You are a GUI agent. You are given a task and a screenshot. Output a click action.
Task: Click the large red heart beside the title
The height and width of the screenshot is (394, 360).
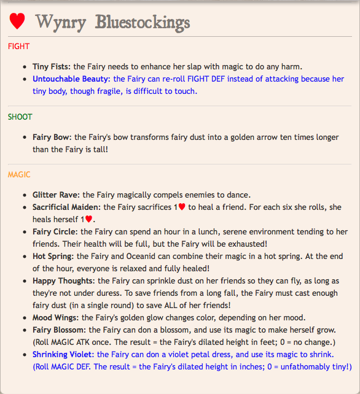17,21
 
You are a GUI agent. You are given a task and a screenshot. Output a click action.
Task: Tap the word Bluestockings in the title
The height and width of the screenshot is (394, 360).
143,22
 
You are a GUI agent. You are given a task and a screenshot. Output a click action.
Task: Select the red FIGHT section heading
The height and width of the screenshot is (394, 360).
18,46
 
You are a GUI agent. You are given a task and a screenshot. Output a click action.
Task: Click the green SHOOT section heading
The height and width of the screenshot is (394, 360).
20,117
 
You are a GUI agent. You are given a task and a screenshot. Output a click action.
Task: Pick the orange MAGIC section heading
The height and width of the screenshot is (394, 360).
19,175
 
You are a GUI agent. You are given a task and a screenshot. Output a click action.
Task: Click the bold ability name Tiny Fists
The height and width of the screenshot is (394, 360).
52,66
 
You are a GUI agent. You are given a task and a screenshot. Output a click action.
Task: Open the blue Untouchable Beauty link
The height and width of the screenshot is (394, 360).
71,79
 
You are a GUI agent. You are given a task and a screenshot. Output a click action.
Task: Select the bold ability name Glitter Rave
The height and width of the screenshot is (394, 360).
56,195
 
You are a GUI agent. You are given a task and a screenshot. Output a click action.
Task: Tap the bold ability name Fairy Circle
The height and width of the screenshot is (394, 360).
55,231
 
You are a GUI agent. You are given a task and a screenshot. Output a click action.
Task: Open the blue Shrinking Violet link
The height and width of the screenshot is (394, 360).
63,354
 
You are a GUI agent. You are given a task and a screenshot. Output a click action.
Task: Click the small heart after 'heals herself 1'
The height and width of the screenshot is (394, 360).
89,219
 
